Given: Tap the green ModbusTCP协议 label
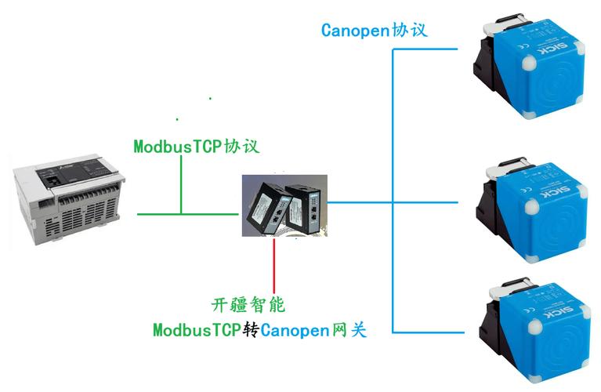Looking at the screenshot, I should tap(196, 147).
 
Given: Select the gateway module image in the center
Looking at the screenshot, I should tap(284, 206).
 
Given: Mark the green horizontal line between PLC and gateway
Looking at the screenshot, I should tap(188, 213).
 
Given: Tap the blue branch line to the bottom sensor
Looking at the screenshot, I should tap(431, 332).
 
